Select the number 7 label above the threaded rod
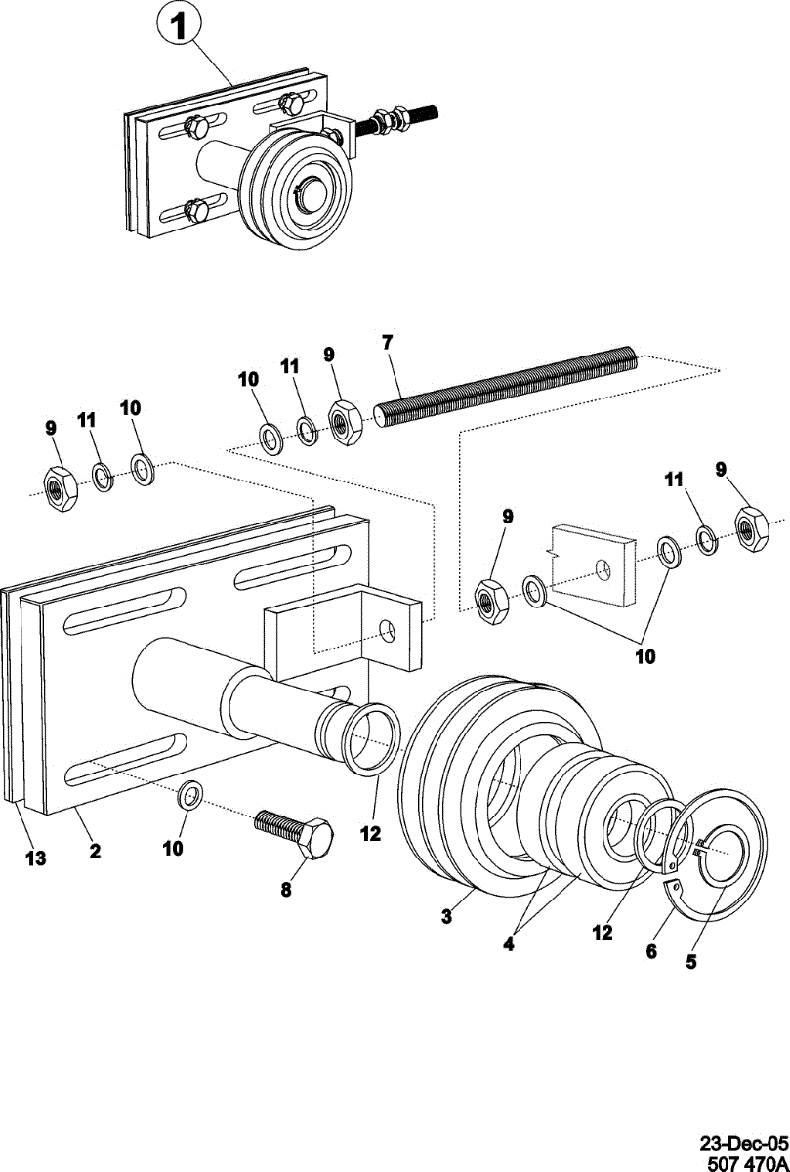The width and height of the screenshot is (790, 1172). (387, 342)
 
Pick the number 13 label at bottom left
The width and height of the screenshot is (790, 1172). (35, 858)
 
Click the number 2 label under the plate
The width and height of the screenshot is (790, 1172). (95, 851)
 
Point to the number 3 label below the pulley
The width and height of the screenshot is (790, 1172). (445, 916)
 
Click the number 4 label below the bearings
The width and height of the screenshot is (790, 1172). (510, 944)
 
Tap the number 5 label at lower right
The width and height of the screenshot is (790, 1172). (690, 961)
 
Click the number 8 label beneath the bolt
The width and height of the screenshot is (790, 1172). (286, 889)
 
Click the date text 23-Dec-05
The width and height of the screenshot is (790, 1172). (742, 1141)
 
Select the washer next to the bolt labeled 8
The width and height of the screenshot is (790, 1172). (191, 795)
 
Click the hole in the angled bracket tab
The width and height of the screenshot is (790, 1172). (390, 630)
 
